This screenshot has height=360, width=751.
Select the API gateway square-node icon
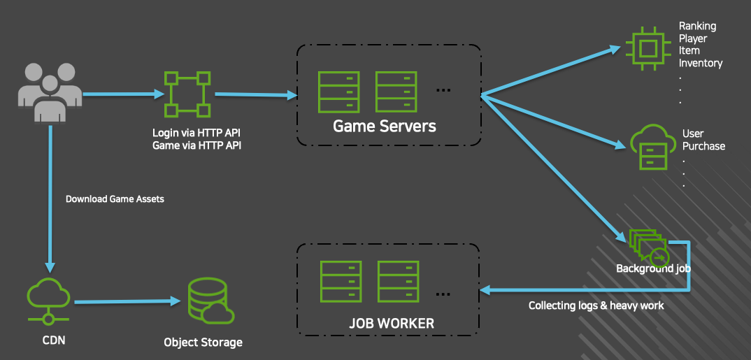187,94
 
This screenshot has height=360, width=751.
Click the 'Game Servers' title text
385,127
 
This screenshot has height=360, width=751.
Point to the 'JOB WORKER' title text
392,324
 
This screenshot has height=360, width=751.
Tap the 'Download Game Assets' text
115,199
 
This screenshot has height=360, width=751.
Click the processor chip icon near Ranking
648,48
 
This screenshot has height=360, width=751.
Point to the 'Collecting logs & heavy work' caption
596,305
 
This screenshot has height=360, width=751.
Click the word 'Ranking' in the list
697,26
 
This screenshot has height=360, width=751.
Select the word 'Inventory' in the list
701,63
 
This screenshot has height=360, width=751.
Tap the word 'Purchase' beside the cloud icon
704,146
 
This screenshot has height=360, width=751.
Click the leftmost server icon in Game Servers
338,92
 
